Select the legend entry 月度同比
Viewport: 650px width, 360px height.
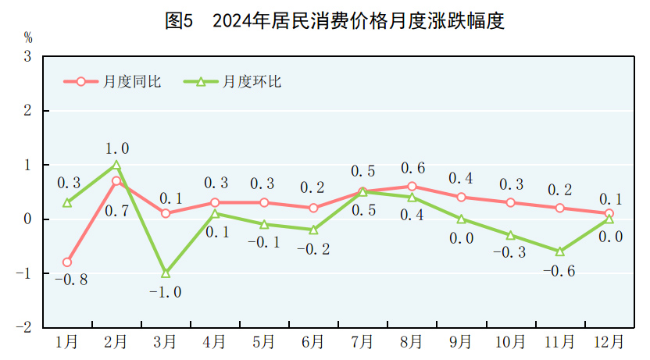pyautogui.click(x=113, y=81)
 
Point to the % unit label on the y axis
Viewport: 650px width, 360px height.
pyautogui.click(x=28, y=37)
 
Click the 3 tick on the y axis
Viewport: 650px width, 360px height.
pyautogui.click(x=27, y=57)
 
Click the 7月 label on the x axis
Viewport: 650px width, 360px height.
pyautogui.click(x=362, y=342)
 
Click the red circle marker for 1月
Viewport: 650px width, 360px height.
pyautogui.click(x=67, y=262)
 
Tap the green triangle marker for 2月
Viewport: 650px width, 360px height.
pyautogui.click(x=116, y=165)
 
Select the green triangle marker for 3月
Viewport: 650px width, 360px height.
pyautogui.click(x=166, y=273)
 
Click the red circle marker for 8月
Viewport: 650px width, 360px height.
pyautogui.click(x=412, y=187)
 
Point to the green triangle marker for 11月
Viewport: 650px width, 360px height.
pyautogui.click(x=559, y=251)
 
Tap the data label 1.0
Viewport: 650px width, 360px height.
pyautogui.click(x=117, y=148)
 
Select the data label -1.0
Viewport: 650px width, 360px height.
pyautogui.click(x=166, y=292)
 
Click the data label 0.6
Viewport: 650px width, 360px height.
pyautogui.click(x=412, y=168)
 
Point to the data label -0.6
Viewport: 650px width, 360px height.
pyautogui.click(x=559, y=270)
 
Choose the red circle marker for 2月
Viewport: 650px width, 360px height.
pyautogui.click(x=116, y=181)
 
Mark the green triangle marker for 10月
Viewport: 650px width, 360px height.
pyautogui.click(x=510, y=235)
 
